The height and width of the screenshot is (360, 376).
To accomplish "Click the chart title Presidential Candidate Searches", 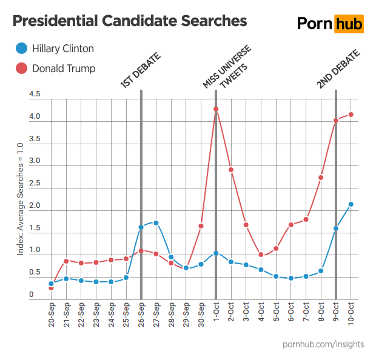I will [130, 21].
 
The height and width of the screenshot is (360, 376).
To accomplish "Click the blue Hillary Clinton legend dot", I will [21, 48].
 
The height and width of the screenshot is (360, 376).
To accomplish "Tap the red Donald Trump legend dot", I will [21, 68].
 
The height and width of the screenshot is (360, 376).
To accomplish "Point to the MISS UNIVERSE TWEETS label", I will [226, 67].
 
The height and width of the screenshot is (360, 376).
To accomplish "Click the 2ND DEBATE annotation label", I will [338, 69].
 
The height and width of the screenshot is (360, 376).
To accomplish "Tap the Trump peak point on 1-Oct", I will [216, 109].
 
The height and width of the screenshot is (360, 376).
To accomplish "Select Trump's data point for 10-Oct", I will [351, 115].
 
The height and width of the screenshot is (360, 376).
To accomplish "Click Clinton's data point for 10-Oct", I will [351, 204].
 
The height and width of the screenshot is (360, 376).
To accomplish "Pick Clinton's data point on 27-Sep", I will [156, 223].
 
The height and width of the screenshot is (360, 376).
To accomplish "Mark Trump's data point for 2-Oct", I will [231, 170].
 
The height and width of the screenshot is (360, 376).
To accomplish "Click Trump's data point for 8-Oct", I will [321, 178].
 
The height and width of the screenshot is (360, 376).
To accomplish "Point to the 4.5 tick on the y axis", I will [35, 95].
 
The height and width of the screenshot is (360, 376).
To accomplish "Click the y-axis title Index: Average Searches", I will [20, 199].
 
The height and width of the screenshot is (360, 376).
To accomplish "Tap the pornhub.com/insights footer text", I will [323, 344].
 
